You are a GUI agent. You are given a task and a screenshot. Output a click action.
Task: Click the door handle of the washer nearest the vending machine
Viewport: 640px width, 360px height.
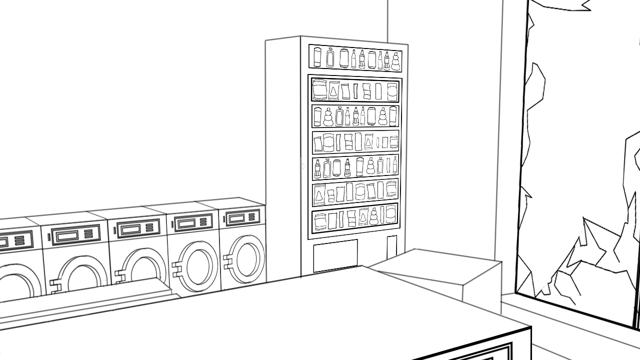click(x=229, y=262)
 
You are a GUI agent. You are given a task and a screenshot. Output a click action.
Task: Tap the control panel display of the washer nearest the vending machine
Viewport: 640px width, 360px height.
click(x=236, y=218)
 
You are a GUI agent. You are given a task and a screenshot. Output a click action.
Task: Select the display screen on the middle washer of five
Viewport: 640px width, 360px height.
click(x=131, y=229)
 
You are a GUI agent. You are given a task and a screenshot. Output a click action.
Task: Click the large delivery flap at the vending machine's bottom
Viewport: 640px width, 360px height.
click(x=335, y=255)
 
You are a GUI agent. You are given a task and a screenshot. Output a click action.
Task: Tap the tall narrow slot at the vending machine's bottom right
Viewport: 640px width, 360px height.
click(x=391, y=247)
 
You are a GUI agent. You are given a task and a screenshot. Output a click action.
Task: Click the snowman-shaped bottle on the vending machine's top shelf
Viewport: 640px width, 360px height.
click(x=395, y=61)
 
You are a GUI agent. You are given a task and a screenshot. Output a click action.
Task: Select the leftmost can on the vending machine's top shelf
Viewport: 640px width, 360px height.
click(x=317, y=56)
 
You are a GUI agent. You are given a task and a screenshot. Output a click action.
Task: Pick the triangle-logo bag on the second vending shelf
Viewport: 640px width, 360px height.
click(x=333, y=91)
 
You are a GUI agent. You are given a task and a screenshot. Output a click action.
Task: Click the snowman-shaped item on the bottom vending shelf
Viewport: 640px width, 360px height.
click(x=373, y=216)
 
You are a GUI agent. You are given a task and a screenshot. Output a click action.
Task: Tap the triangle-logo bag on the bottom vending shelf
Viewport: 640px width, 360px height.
click(x=363, y=216)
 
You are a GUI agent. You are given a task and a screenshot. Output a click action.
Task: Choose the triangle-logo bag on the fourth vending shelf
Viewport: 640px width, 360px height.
click(x=368, y=142)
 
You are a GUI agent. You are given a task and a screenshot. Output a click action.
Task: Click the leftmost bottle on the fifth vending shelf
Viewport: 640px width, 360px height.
click(x=317, y=168)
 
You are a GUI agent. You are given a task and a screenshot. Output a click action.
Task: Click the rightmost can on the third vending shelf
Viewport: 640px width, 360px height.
click(x=393, y=116)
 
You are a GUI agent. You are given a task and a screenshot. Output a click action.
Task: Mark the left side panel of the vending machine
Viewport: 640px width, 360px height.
click(x=283, y=155)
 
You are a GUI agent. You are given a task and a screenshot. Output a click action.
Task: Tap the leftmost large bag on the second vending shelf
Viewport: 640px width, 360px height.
click(x=319, y=90)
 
